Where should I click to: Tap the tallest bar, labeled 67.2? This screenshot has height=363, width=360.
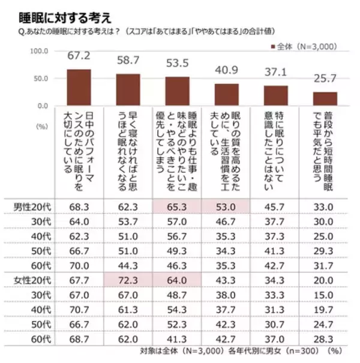[78, 87]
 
